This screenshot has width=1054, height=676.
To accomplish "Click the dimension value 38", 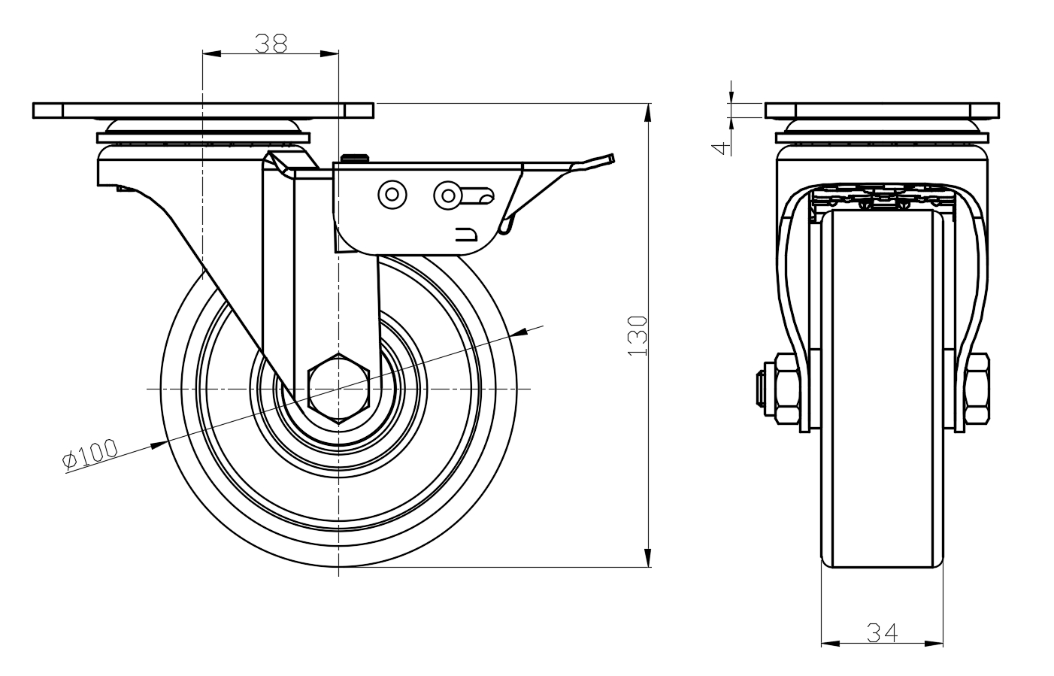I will coord(271,43).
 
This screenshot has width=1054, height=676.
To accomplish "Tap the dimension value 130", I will coord(638,335).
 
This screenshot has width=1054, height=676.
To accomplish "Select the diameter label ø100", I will coord(91,455).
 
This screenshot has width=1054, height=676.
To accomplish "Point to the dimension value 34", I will coord(883,632).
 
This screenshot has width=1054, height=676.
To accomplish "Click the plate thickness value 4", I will coord(720,147).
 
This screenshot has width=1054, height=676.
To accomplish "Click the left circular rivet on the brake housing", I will coord(392,195).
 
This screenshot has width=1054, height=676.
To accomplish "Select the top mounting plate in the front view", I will coord(883,110).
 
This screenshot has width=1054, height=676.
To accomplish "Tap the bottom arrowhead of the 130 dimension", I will coord(648,559).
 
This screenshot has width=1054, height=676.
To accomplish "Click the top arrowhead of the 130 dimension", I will coord(648,111).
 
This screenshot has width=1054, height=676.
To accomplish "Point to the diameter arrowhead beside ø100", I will coord(158,445).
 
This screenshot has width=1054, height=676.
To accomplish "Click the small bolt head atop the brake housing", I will coord(356,157).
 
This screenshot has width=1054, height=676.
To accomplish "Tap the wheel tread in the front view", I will coord(881,451).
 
